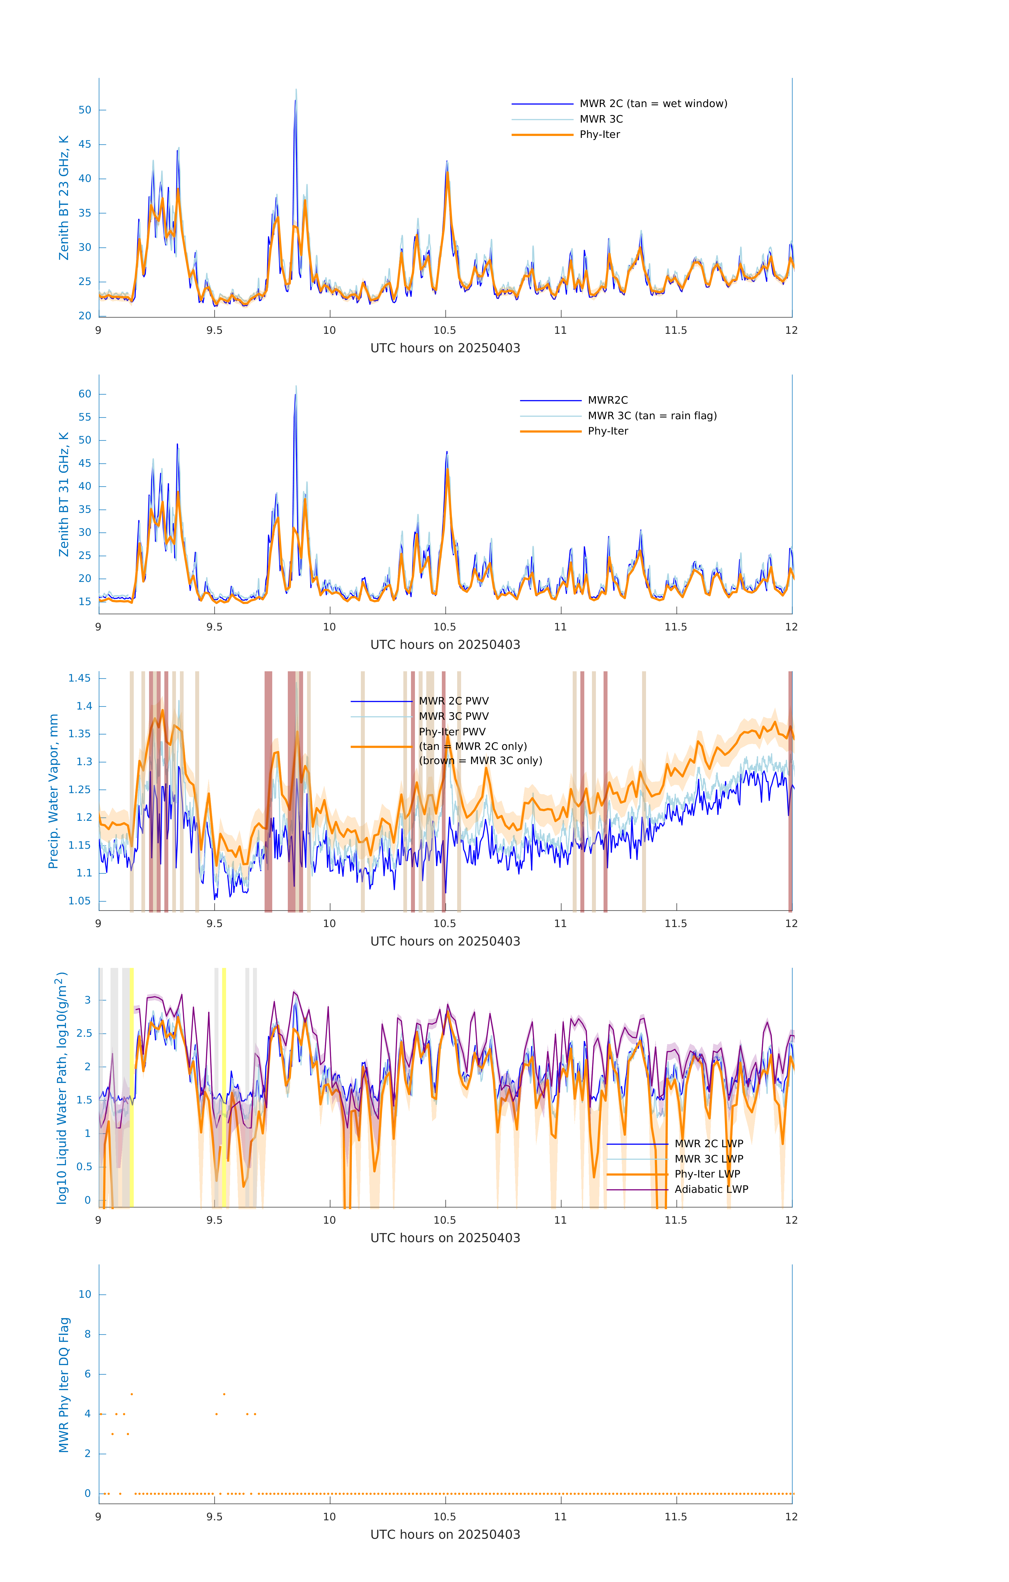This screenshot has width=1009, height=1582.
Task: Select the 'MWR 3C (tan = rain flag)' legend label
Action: click(651, 416)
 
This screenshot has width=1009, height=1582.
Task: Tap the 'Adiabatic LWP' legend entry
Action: click(711, 1189)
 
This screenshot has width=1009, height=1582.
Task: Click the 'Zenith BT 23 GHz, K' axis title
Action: click(64, 198)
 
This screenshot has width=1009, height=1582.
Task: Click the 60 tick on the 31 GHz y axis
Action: click(85, 394)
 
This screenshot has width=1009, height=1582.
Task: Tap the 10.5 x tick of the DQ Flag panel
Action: click(445, 1517)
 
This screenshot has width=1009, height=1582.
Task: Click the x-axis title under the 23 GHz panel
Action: click(445, 348)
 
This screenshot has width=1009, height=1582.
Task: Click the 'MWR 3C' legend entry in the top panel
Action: click(601, 119)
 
